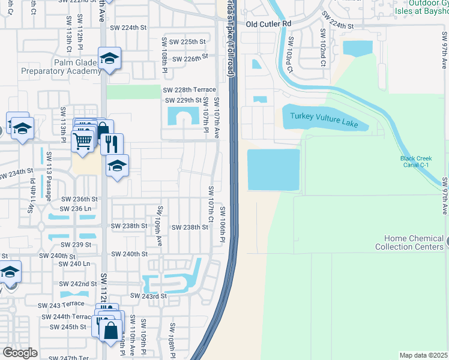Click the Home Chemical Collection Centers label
point(410,242)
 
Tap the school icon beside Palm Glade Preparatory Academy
point(109,59)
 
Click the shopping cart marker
point(82,141)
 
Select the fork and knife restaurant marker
point(111,143)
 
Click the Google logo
point(20,353)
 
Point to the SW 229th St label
point(182,100)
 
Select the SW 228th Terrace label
point(190,89)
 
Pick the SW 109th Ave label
point(160,226)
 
